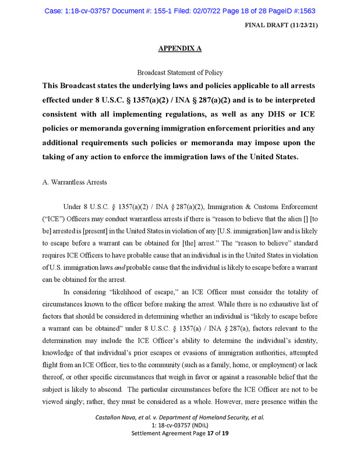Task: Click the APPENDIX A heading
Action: click(x=179, y=48)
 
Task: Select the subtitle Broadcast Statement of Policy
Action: click(x=179, y=73)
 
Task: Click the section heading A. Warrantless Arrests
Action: click(x=75, y=182)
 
